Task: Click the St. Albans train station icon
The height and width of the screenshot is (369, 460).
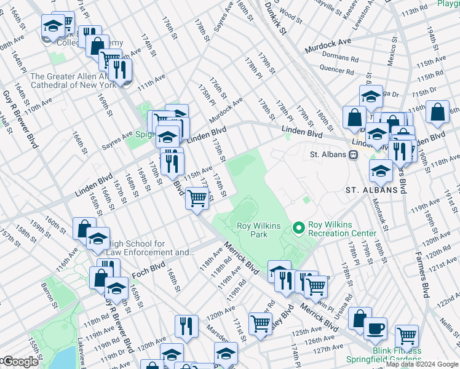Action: pos(354,155)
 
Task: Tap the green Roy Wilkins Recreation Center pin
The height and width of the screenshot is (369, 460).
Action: pos(299,229)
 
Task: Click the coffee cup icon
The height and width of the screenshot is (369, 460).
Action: pos(375,327)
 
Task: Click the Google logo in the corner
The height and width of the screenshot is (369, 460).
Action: pos(20,362)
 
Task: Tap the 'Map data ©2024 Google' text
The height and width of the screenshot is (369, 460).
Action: pos(422,364)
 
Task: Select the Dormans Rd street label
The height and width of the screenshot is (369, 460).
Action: pos(335,56)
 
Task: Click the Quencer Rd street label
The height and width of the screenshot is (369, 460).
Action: pos(336,70)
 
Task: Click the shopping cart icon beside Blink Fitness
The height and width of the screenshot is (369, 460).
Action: pos(406,336)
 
